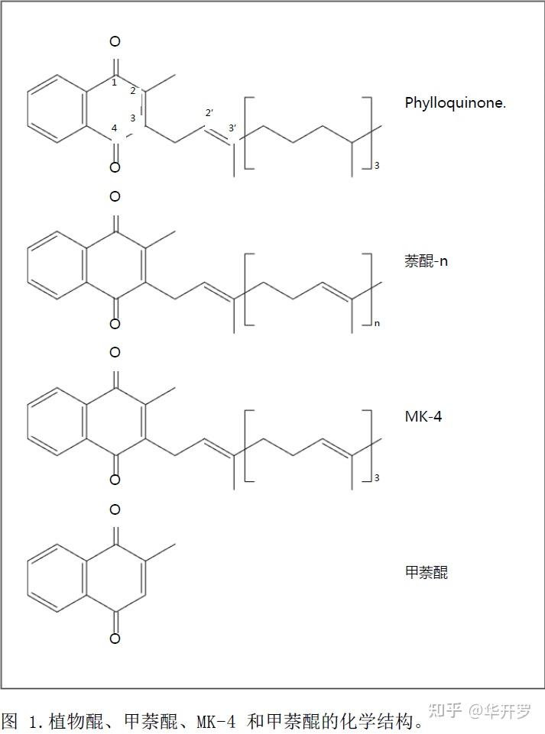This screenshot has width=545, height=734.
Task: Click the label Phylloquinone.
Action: pyautogui.click(x=455, y=103)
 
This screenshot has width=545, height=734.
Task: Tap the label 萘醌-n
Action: pyautogui.click(x=427, y=260)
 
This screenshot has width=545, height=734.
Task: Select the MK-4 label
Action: pyautogui.click(x=423, y=417)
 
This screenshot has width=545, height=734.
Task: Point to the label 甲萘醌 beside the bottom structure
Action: pyautogui.click(x=426, y=572)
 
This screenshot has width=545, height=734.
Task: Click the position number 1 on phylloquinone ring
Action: pyautogui.click(x=114, y=82)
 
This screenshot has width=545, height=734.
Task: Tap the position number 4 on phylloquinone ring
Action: pyautogui.click(x=114, y=128)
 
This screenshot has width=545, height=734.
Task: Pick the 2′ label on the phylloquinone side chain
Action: pyautogui.click(x=209, y=113)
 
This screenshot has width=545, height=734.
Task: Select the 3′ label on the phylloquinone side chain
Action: pyautogui.click(x=232, y=128)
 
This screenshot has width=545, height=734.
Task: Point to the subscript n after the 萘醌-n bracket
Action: pyautogui.click(x=377, y=324)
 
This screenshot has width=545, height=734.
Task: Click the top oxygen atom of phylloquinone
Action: pyautogui.click(x=115, y=41)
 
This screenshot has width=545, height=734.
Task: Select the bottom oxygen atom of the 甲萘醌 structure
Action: pyautogui.click(x=115, y=639)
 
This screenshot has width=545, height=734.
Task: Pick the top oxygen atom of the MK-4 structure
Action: pyautogui.click(x=115, y=352)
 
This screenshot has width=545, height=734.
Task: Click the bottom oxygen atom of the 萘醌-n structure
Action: pyautogui.click(x=115, y=324)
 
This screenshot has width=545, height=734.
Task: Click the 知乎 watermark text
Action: pyautogui.click(x=444, y=712)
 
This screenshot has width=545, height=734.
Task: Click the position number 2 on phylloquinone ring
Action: pyautogui.click(x=132, y=91)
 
